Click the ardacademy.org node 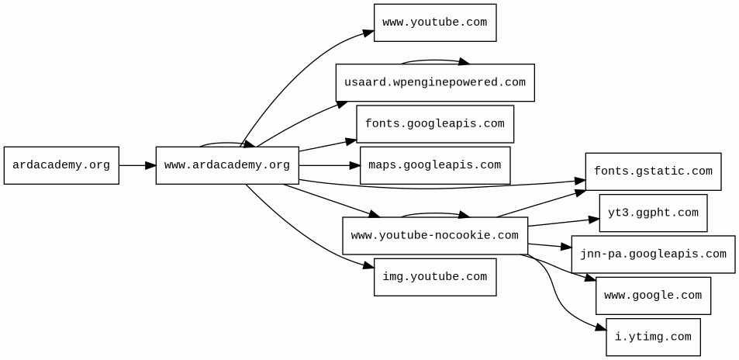(61, 165)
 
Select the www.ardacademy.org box (227, 165)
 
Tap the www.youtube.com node (435, 22)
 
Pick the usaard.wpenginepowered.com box (435, 82)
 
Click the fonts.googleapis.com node (435, 124)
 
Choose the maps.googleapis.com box (435, 165)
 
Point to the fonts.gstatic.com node (653, 171)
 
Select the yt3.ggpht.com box (653, 213)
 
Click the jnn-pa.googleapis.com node (653, 254)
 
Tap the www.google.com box (653, 296)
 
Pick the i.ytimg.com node (653, 337)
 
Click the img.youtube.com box (435, 277)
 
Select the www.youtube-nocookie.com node (435, 236)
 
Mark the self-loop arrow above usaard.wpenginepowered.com (434, 61)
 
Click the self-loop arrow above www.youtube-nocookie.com (434, 213)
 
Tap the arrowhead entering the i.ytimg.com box (601, 329)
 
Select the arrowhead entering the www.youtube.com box (369, 33)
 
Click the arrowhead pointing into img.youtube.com (369, 266)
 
